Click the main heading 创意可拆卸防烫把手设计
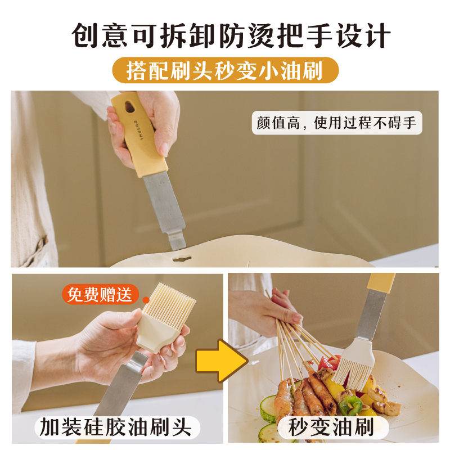(x=231, y=35)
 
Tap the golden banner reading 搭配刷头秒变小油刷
(x=226, y=70)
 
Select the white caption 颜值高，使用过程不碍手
(x=337, y=123)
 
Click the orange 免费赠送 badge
(x=100, y=294)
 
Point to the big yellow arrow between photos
(x=222, y=361)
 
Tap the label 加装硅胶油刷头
(x=116, y=427)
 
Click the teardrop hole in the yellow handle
(x=130, y=107)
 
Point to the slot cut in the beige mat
(x=182, y=258)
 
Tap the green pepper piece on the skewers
(x=350, y=405)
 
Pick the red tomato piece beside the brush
(x=328, y=363)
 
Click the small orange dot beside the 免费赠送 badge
(x=146, y=300)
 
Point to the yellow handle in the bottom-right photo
(x=381, y=282)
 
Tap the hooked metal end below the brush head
(x=137, y=360)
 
